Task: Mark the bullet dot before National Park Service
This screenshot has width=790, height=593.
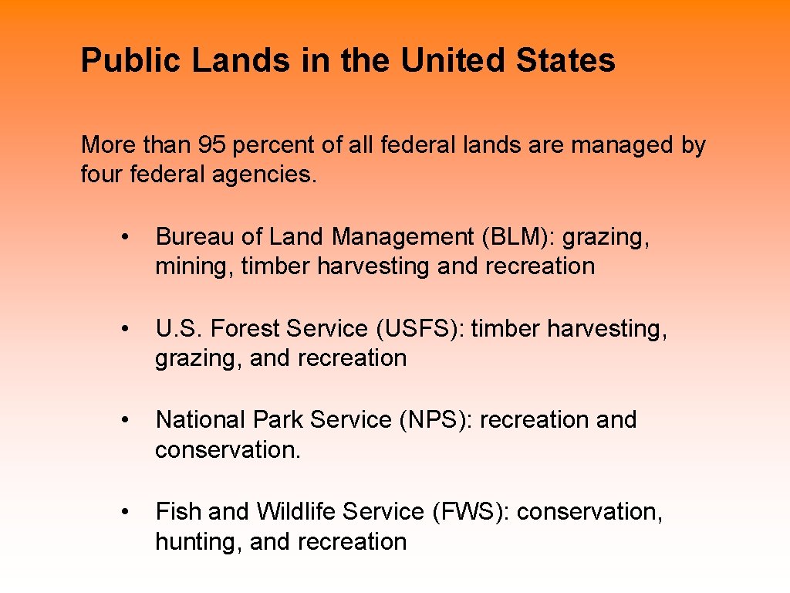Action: coord(125,420)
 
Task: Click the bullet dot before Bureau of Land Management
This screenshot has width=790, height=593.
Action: coord(125,237)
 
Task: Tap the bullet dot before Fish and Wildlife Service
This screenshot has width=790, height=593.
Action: coord(125,512)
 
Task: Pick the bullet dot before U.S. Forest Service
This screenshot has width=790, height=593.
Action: coord(125,329)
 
